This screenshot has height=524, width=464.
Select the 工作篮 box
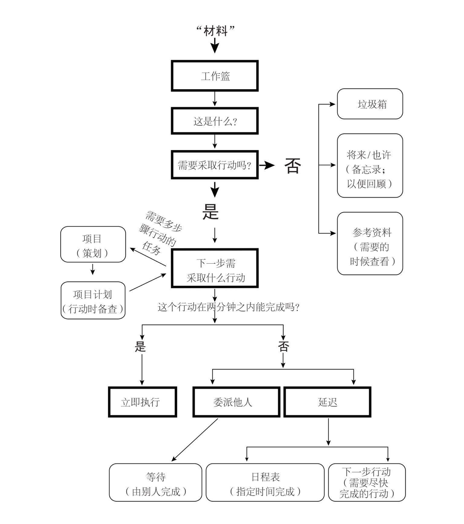(x=215, y=76)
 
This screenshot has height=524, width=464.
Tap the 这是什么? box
(x=215, y=121)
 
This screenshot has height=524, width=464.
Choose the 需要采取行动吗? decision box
(x=215, y=165)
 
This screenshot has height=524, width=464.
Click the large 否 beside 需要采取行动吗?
(x=293, y=166)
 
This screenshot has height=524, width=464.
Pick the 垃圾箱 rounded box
(x=370, y=104)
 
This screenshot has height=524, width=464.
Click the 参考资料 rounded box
(x=370, y=243)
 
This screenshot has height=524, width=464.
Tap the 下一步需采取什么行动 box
(x=215, y=269)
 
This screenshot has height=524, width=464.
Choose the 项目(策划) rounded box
(x=93, y=244)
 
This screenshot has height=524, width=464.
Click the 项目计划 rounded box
(x=93, y=300)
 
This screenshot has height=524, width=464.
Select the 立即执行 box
(x=142, y=402)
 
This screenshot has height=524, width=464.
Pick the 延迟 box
(x=327, y=402)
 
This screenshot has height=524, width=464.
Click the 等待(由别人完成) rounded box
(x=156, y=482)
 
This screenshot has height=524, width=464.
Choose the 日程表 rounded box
(x=265, y=482)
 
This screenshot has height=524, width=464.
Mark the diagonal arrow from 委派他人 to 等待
(x=194, y=440)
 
